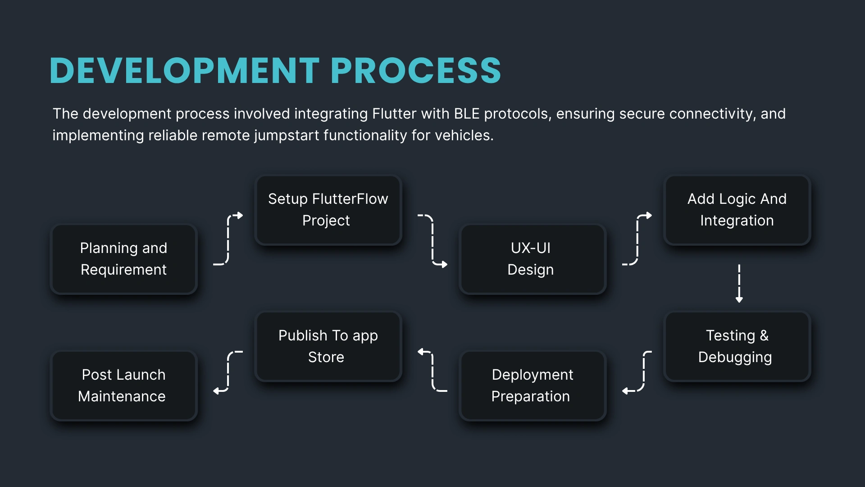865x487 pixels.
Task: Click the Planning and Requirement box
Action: [x=123, y=259]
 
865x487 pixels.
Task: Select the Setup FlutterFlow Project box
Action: [x=328, y=210]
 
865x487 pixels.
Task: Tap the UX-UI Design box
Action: [x=532, y=259]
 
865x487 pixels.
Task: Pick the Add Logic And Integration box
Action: [x=737, y=210]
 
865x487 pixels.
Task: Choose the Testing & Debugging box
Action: [x=737, y=346]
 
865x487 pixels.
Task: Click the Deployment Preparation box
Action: [x=532, y=386]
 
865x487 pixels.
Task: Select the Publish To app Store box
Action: [x=328, y=346]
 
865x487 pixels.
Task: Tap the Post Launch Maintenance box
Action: [x=123, y=386]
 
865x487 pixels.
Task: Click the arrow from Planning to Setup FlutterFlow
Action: [x=228, y=239]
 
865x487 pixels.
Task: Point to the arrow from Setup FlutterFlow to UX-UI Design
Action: [x=432, y=239]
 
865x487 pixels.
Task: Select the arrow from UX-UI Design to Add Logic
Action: [x=637, y=239]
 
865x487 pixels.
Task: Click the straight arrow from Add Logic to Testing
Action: [x=739, y=283]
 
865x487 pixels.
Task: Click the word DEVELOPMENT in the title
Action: [x=184, y=71]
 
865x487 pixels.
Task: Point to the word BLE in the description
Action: [x=466, y=114]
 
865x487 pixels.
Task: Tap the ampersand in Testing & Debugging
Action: [x=764, y=335]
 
